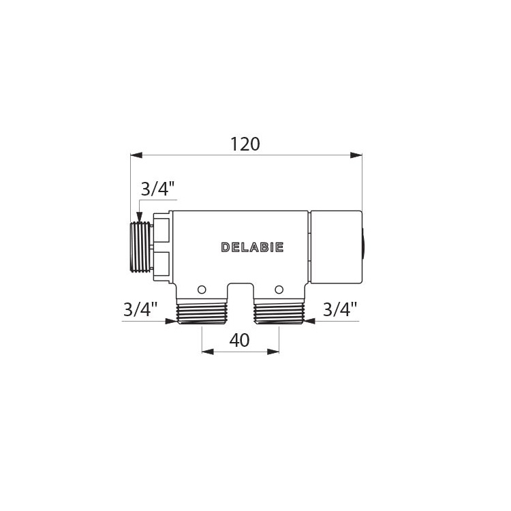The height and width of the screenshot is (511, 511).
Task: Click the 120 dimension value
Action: (x=245, y=144)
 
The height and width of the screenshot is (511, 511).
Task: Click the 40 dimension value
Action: (x=240, y=340)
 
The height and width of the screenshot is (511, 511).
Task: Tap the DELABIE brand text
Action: (x=252, y=247)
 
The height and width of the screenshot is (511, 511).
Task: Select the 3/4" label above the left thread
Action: (x=158, y=189)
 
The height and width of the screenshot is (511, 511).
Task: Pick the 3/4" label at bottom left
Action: (x=140, y=309)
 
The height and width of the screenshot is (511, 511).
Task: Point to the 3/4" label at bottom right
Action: (x=340, y=309)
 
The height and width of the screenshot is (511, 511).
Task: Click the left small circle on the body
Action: (x=202, y=290)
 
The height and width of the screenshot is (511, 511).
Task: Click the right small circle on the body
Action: (x=279, y=290)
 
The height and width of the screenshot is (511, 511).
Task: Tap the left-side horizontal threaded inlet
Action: (x=140, y=247)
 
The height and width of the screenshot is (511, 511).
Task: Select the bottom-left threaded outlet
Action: (x=201, y=314)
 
